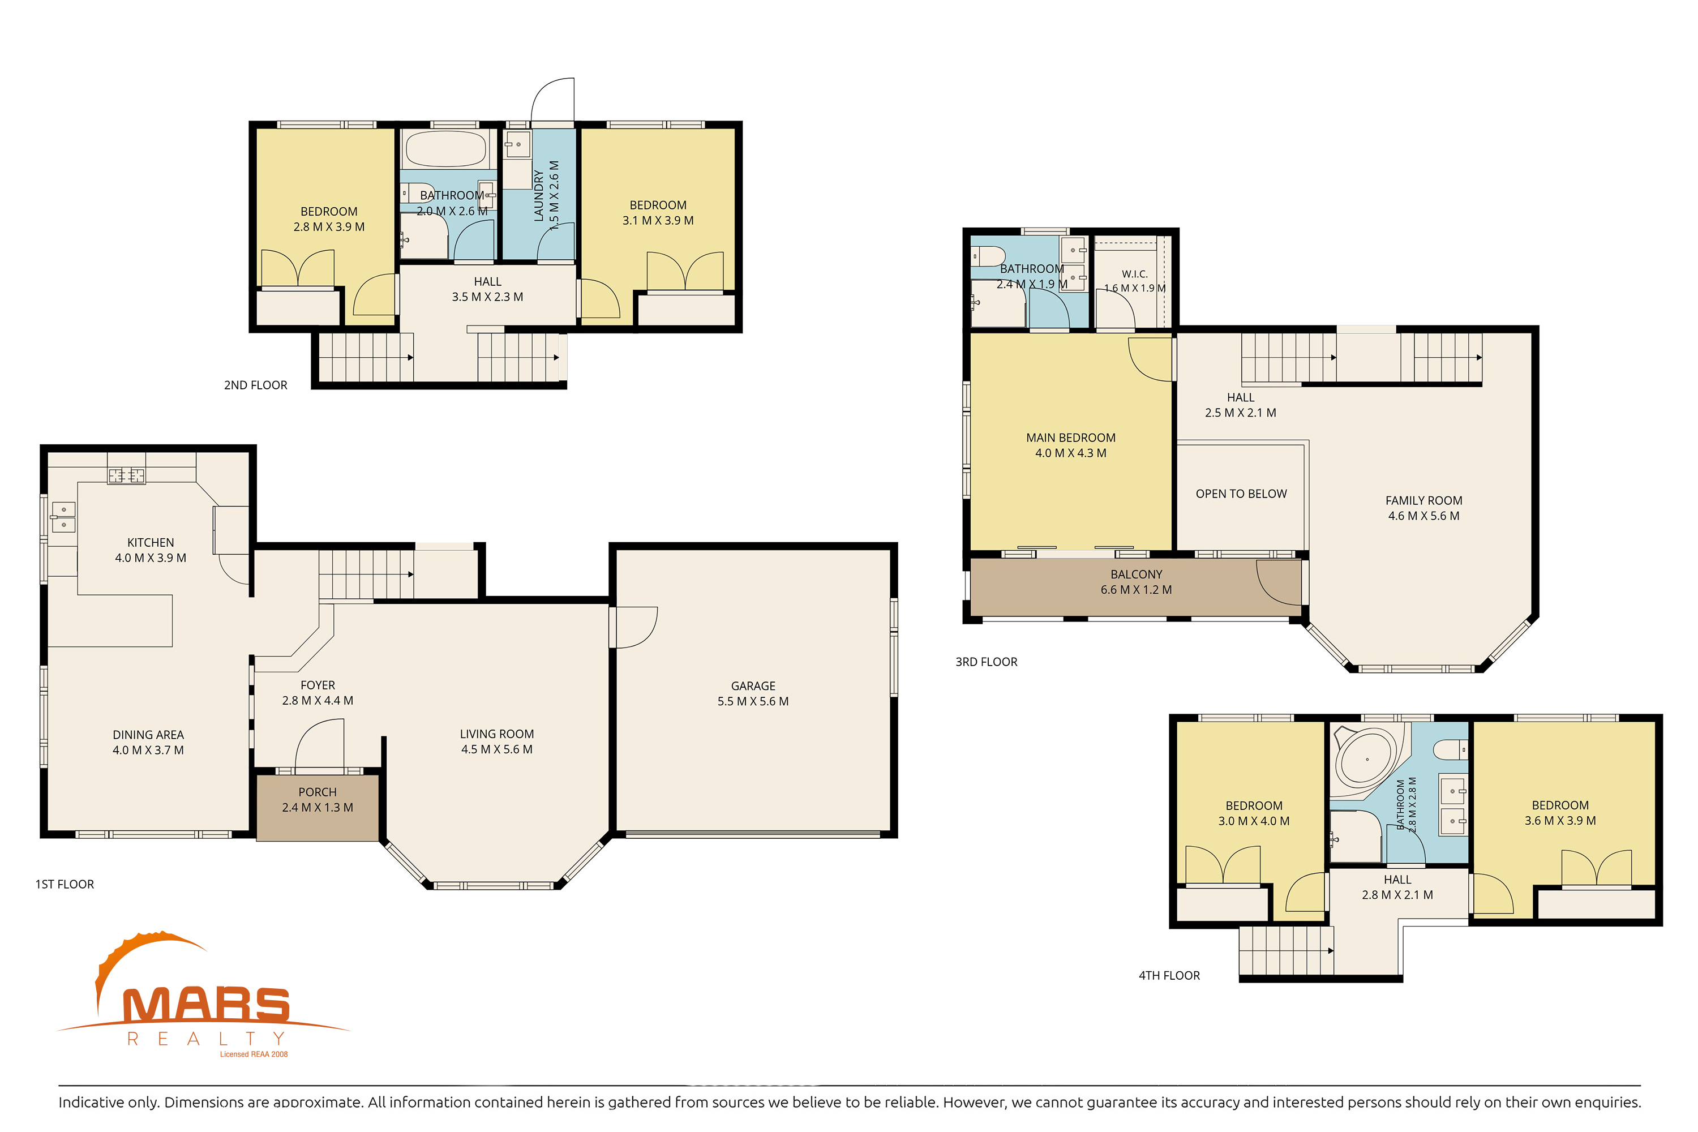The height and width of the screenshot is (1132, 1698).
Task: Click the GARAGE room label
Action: pyautogui.click(x=753, y=686)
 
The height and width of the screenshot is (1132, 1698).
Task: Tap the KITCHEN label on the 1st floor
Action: pyautogui.click(x=150, y=542)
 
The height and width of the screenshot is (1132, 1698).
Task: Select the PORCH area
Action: pyautogui.click(x=318, y=807)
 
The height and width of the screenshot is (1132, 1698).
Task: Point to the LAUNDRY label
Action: pyautogui.click(x=539, y=196)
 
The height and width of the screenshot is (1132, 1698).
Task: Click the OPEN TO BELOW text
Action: pyautogui.click(x=1241, y=494)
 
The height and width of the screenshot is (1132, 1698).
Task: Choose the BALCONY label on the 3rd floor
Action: pyautogui.click(x=1137, y=574)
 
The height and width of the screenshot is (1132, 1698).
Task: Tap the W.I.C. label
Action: pyautogui.click(x=1134, y=275)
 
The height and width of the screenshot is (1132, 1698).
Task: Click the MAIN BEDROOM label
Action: pyautogui.click(x=1071, y=438)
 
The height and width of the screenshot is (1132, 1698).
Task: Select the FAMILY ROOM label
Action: pyautogui.click(x=1423, y=500)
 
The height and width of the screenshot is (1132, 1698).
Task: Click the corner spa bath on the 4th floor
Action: pyautogui.click(x=1367, y=760)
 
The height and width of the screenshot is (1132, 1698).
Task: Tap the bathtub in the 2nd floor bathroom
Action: pyautogui.click(x=446, y=149)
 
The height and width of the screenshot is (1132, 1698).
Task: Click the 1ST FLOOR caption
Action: pyautogui.click(x=65, y=884)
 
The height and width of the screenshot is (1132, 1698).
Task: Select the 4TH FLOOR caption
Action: pyautogui.click(x=1169, y=975)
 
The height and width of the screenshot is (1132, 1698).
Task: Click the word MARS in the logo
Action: pyautogui.click(x=207, y=1005)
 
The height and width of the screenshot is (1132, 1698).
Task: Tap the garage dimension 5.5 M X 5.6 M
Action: pyautogui.click(x=753, y=701)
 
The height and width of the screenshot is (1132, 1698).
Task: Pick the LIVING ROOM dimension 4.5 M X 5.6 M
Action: pyautogui.click(x=497, y=749)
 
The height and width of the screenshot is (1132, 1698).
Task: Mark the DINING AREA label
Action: pyautogui.click(x=148, y=735)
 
